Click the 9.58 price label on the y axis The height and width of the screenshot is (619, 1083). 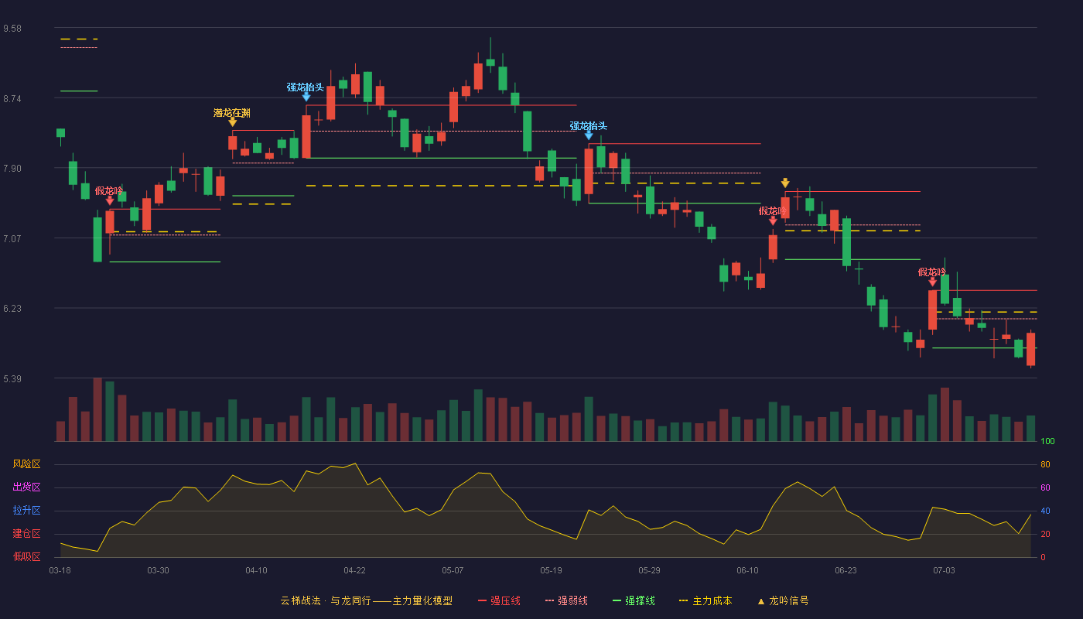12,29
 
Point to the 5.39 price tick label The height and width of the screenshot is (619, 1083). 12,378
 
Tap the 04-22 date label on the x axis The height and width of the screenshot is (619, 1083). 354,570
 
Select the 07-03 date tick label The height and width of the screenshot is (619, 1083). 944,570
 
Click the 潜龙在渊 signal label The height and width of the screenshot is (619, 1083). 232,113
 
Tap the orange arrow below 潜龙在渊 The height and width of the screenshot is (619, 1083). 233,122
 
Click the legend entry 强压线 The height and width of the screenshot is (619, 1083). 500,600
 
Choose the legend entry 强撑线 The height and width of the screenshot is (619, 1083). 634,600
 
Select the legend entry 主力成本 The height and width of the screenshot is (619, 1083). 705,600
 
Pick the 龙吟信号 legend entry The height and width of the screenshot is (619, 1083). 783,600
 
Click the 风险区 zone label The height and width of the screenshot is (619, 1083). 26,463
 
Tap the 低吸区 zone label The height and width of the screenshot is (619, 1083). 26,556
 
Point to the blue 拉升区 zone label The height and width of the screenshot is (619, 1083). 26,510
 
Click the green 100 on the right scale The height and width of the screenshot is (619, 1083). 1047,441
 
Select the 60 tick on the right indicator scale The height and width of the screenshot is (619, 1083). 1045,487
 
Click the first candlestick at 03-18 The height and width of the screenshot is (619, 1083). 60,133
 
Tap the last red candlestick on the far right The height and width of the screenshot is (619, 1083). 1030,349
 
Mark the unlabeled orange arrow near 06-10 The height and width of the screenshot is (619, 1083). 785,183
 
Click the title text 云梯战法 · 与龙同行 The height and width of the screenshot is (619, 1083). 326,600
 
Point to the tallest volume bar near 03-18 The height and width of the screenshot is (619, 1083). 97,409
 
